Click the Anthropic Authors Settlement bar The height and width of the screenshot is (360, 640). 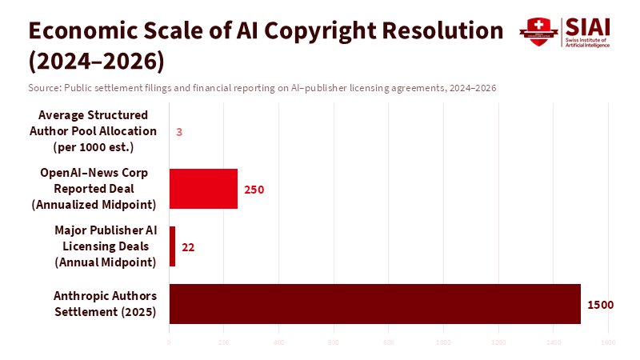pyautogui.click(x=374, y=304)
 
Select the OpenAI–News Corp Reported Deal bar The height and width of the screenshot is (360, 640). pyautogui.click(x=203, y=189)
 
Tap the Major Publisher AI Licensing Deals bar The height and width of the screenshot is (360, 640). pyautogui.click(x=172, y=246)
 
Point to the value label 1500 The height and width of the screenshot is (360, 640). pyautogui.click(x=600, y=305)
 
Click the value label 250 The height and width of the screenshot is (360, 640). pyautogui.click(x=254, y=190)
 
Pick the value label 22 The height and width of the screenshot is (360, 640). pyautogui.click(x=188, y=247)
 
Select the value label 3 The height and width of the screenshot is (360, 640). pyautogui.click(x=179, y=132)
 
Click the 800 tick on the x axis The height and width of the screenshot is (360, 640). pyautogui.click(x=389, y=342)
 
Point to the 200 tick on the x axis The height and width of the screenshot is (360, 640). pyautogui.click(x=224, y=342)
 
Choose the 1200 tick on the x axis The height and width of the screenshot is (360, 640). pyautogui.click(x=498, y=342)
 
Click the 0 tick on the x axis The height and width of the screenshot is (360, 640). pyautogui.click(x=169, y=342)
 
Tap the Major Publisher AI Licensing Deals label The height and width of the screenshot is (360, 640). pyautogui.click(x=106, y=246)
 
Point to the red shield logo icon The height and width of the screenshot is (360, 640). pyautogui.click(x=538, y=31)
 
